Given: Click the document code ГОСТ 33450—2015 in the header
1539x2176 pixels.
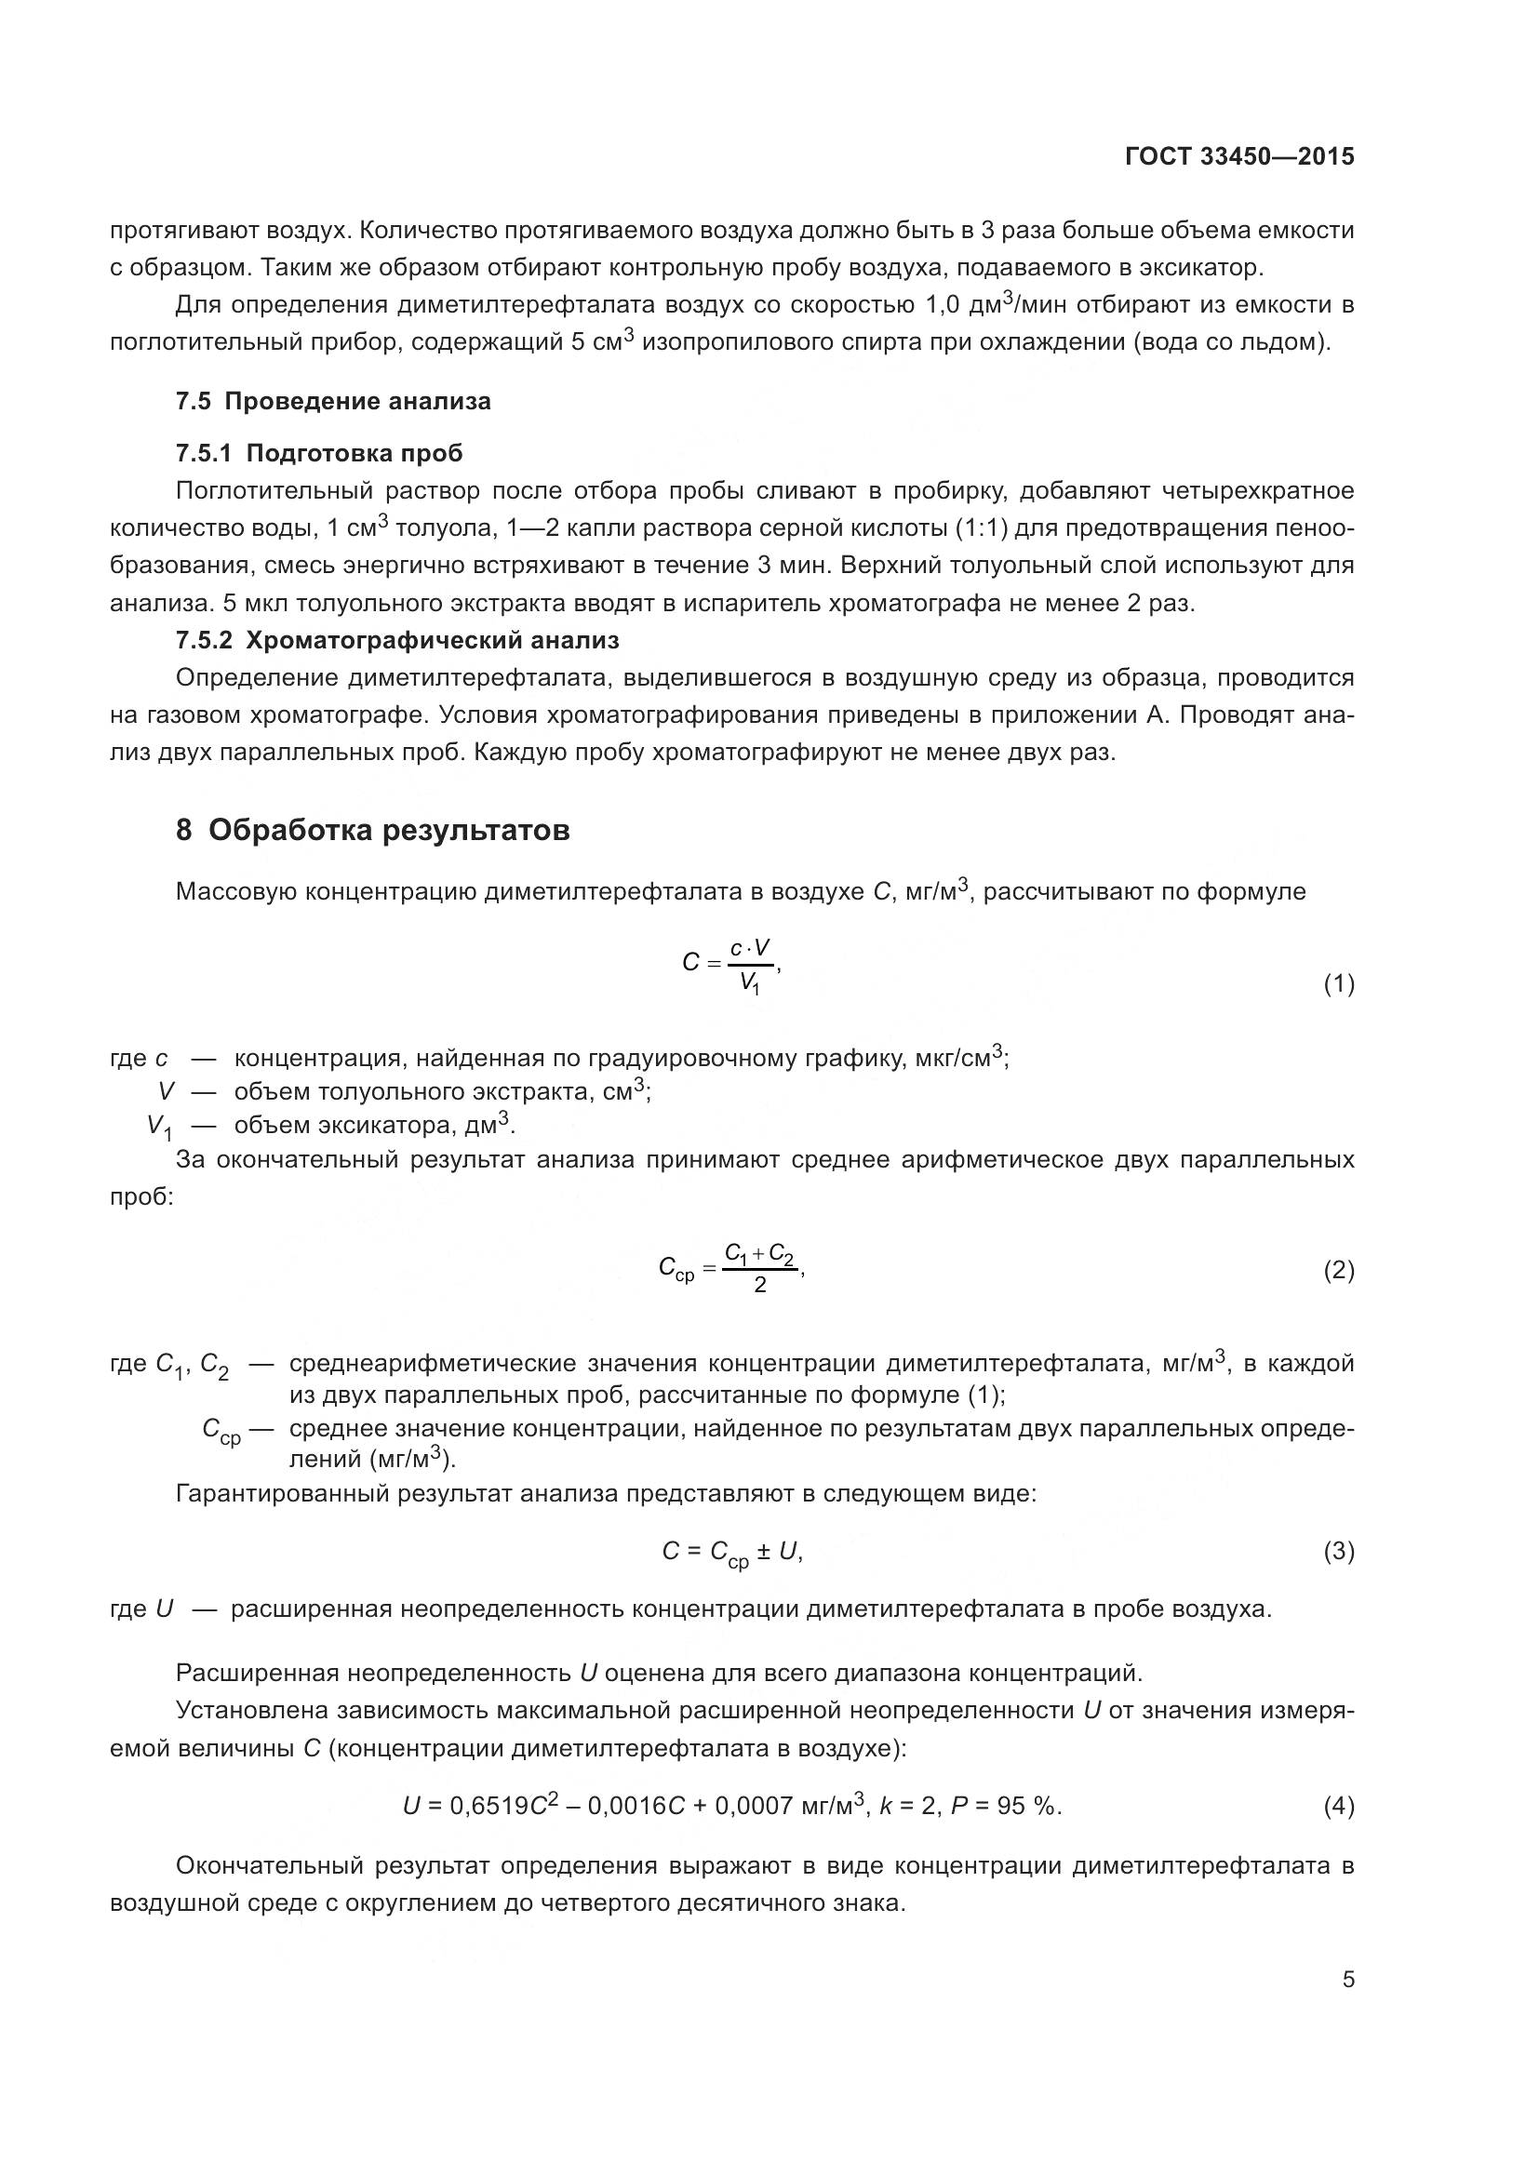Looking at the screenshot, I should (1238, 156).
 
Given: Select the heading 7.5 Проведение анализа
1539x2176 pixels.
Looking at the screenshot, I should (334, 401).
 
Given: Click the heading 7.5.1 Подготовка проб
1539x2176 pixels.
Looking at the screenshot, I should (319, 453).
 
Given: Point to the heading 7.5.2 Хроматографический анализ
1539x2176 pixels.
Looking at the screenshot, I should (397, 641).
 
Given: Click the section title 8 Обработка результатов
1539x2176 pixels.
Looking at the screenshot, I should (372, 830).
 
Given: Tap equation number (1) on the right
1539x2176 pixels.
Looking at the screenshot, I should (1338, 984).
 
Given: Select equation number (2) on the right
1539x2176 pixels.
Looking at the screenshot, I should (1338, 1270).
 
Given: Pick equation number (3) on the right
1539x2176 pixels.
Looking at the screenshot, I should (1338, 1552).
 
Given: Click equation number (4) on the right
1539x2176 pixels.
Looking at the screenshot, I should (1338, 1807).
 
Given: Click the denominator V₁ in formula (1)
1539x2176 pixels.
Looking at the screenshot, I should (751, 986).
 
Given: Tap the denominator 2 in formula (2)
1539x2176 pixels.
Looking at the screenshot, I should (760, 1286).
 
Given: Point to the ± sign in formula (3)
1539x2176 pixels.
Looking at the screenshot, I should (762, 1552).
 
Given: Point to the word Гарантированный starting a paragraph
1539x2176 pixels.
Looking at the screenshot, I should (283, 1495).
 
